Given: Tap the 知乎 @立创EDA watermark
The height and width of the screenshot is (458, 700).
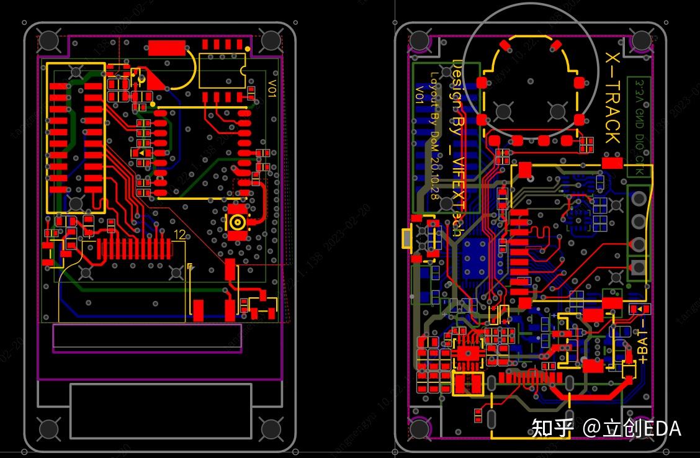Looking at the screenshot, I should point(605,428).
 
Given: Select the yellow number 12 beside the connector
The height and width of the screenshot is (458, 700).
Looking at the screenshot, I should point(181,235).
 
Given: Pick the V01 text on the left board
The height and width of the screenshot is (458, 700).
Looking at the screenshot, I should point(272,88).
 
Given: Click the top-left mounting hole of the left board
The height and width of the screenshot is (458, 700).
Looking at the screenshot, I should point(48,41).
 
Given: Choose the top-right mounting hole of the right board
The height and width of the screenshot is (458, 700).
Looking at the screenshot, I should point(641,41).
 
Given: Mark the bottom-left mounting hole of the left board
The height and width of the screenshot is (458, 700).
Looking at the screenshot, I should point(48,428).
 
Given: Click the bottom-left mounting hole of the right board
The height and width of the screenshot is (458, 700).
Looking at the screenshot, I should point(420,428).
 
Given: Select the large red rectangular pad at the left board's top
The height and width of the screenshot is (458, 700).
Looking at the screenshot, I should point(167,48).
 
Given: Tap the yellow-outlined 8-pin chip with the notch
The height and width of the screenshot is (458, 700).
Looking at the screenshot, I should point(222,70).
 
